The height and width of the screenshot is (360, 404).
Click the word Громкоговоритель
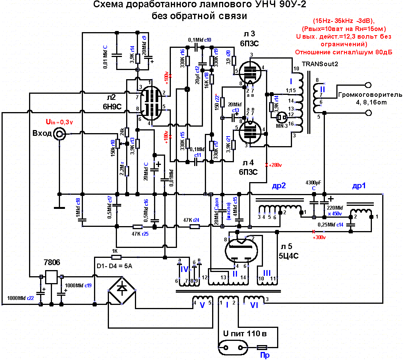pyautogui.click(x=369, y=95)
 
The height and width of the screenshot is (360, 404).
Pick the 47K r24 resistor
pyautogui.click(x=195, y=226)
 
